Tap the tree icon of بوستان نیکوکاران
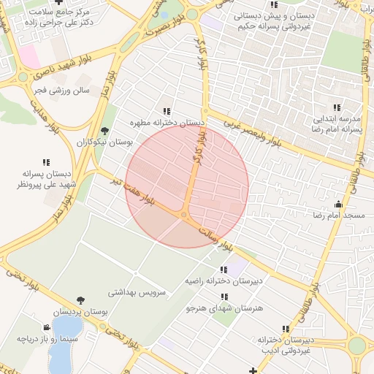(105, 132)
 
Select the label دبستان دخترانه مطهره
(167, 123)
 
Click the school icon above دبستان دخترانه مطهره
(167, 112)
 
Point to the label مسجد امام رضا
(338, 216)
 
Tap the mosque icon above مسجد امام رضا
(338, 205)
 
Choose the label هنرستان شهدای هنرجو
(224, 309)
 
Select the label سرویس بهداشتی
(137, 292)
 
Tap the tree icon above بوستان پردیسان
(80, 300)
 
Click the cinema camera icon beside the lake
(47, 327)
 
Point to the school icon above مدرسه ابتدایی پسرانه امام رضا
(337, 107)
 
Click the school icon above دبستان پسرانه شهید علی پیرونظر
(45, 163)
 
